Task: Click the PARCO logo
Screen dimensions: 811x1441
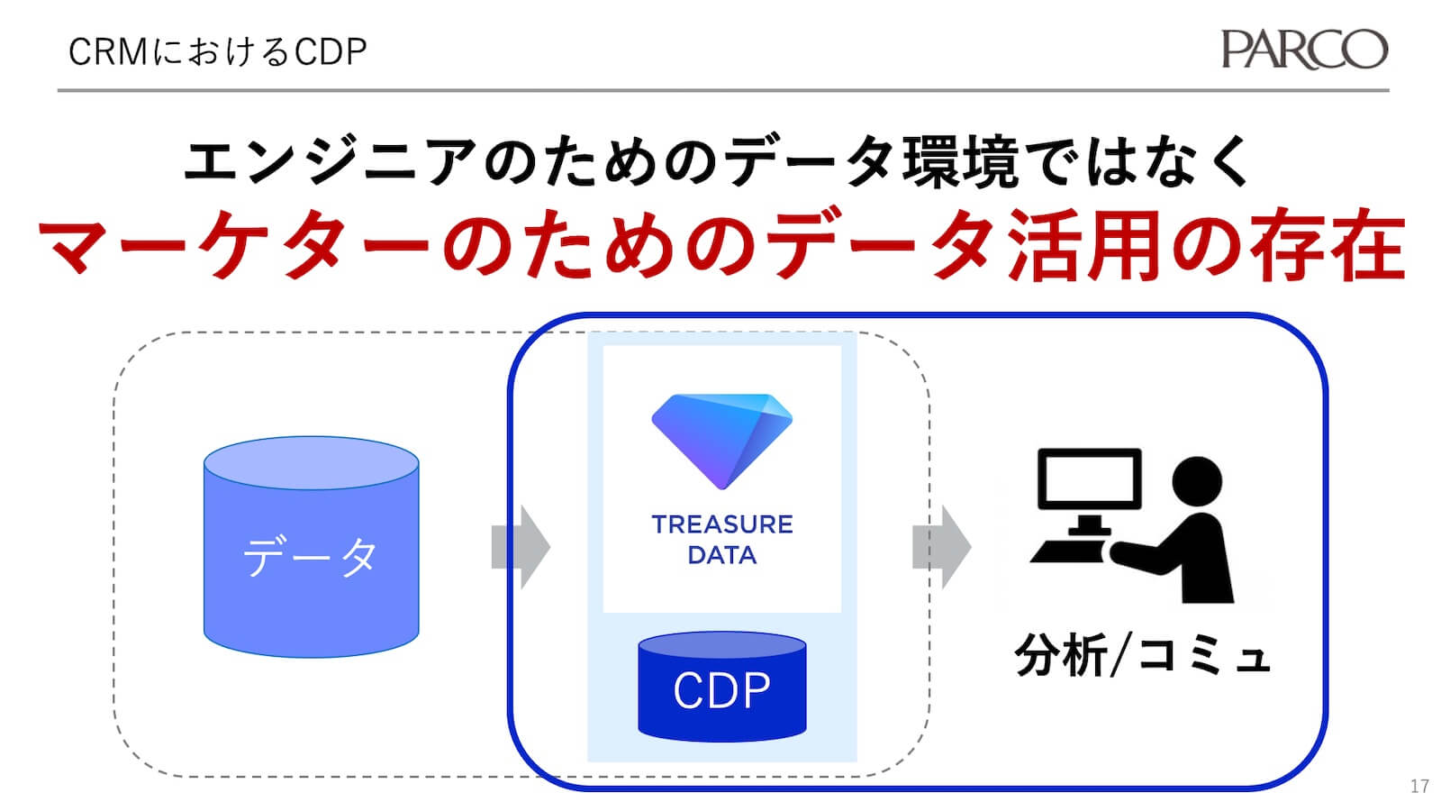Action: pos(1303,50)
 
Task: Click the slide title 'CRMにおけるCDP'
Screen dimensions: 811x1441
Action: pos(217,52)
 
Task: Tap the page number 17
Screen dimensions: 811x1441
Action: pos(1419,786)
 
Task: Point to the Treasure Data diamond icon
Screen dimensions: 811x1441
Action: pos(721,440)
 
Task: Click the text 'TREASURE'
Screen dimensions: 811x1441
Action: pos(721,524)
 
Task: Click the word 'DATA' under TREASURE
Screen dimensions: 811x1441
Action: pos(721,555)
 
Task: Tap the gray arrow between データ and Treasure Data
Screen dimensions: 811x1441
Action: pos(521,547)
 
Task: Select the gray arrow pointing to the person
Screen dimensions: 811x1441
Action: pos(941,547)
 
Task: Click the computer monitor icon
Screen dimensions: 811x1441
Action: pos(1089,479)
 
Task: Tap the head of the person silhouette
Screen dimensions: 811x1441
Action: pos(1197,480)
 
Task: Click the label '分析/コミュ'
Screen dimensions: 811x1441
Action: pos(1142,655)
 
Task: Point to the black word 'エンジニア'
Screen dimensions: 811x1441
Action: pos(329,162)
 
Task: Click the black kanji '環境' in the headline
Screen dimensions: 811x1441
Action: pos(964,162)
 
